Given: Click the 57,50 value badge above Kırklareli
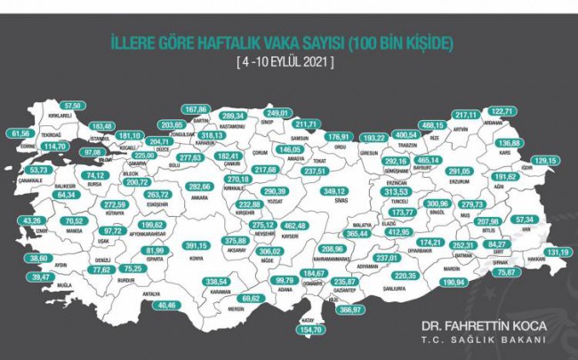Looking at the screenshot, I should point(73,106).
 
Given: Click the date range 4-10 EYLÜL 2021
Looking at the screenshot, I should point(289,62).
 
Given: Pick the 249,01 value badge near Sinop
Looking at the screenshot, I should point(280,114).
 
